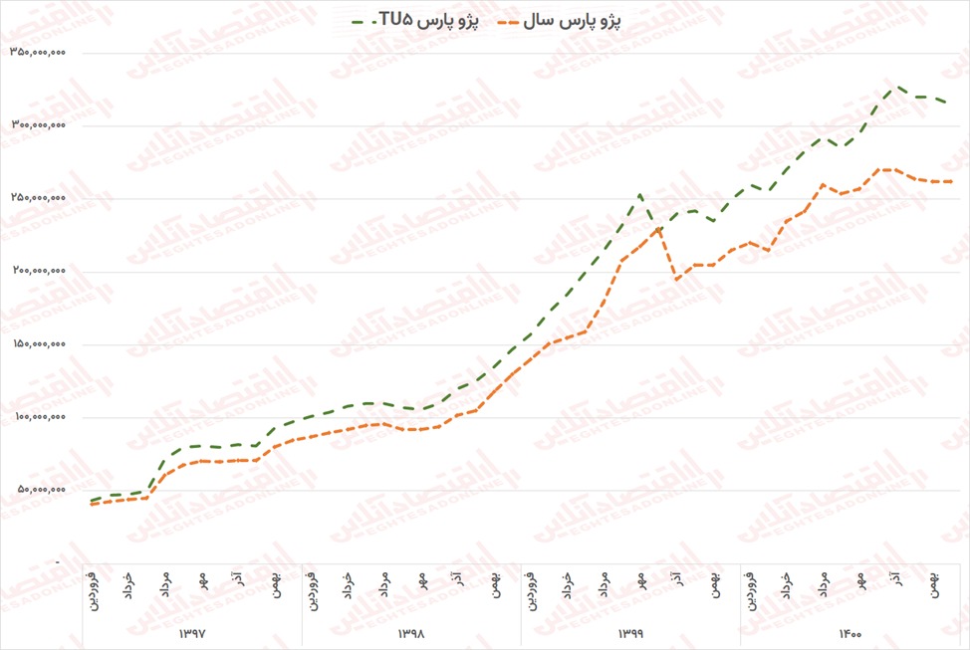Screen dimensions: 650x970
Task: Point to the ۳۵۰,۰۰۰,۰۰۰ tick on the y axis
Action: (37, 54)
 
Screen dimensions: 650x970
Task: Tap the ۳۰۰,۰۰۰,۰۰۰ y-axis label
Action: (37, 126)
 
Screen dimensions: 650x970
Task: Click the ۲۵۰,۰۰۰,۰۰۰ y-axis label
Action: (37, 199)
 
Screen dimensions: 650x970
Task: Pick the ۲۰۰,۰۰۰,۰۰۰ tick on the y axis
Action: (37, 272)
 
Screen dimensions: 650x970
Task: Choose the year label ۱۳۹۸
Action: (411, 633)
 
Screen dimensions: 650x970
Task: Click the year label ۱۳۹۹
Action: (631, 633)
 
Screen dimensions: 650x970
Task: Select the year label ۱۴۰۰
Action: (849, 633)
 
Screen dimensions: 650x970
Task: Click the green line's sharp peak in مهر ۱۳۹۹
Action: (640, 194)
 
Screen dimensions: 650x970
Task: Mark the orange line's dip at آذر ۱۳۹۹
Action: (677, 280)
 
